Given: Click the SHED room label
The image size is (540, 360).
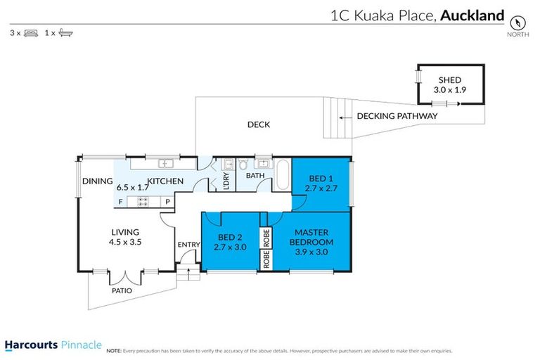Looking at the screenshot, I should pyautogui.click(x=449, y=80).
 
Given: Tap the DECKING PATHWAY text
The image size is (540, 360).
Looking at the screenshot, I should pyautogui.click(x=397, y=116).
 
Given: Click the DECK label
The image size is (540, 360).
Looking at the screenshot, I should pyautogui.click(x=258, y=125).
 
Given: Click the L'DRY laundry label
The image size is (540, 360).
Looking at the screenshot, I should pyautogui.click(x=226, y=181).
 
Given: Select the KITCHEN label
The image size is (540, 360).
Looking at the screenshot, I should pyautogui.click(x=165, y=181).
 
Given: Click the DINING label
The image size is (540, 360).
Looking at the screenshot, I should pyautogui.click(x=97, y=181).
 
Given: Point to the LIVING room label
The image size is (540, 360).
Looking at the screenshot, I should pyautogui.click(x=125, y=232).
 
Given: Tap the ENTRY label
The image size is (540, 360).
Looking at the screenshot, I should pyautogui.click(x=189, y=245).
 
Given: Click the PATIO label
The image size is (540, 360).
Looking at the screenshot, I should pyautogui.click(x=121, y=290).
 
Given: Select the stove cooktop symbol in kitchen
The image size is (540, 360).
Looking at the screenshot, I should pyautogui.click(x=143, y=202).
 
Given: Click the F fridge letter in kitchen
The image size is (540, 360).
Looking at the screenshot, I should pyautogui.click(x=120, y=202).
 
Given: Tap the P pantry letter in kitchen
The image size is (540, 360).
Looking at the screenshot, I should pyautogui.click(x=167, y=202).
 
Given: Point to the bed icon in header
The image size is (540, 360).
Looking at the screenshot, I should pyautogui.click(x=30, y=32).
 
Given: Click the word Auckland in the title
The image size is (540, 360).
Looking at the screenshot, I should pyautogui.click(x=472, y=15).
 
